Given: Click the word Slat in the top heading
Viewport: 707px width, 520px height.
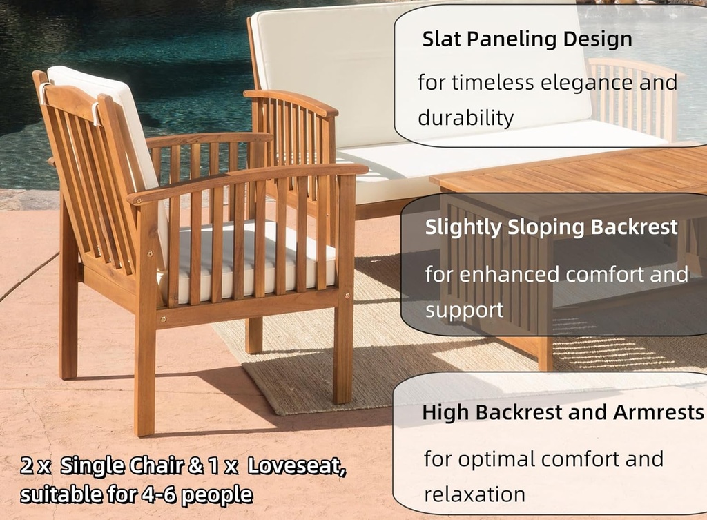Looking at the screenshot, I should pos(442,39).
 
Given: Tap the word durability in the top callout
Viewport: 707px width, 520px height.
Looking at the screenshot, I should pos(465,118).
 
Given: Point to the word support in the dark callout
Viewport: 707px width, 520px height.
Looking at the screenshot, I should pos(465,310).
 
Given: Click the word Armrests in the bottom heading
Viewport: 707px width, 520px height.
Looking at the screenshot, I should pos(656,413).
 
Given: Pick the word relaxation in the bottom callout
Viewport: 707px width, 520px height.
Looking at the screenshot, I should pos(474,494).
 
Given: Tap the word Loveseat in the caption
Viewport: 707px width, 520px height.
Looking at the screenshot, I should pos(297,467).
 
